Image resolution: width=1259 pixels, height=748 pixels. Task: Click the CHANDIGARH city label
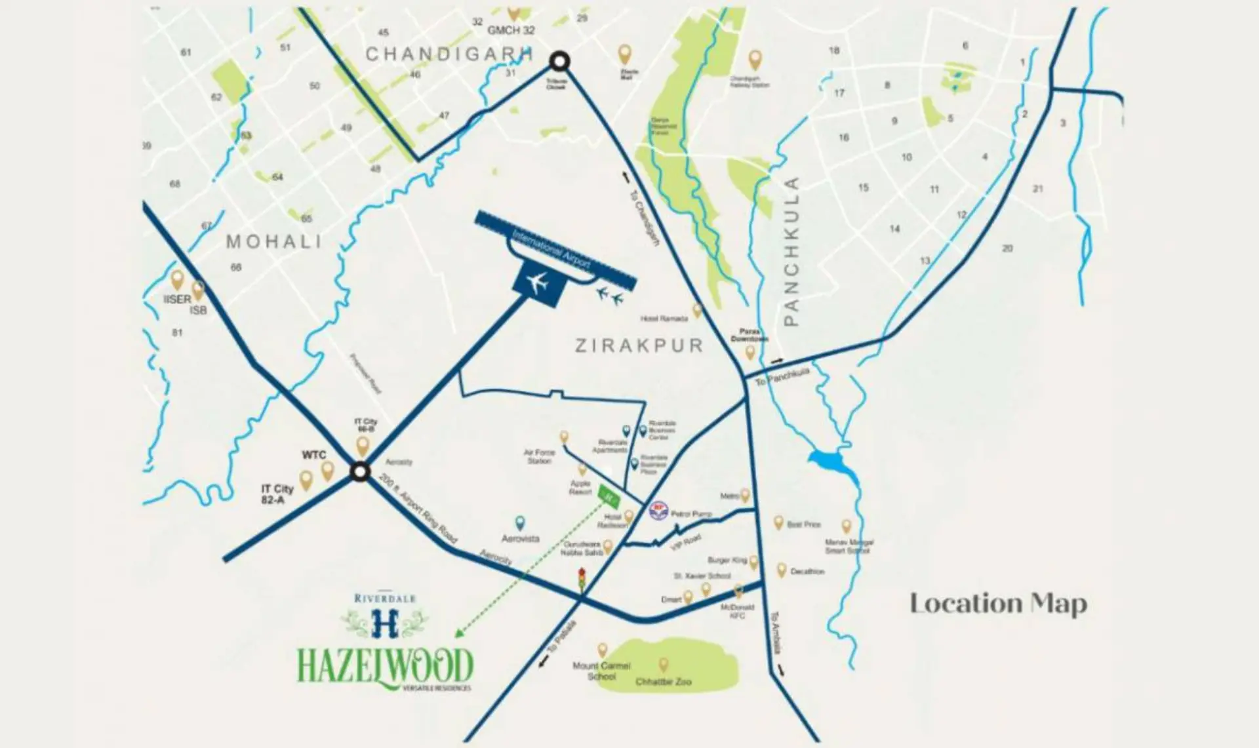coord(449,54)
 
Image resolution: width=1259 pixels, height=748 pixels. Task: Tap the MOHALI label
coord(274,241)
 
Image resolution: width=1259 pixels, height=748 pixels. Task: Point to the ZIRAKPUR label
coord(639,345)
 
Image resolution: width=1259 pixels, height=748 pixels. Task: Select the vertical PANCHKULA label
coord(792,252)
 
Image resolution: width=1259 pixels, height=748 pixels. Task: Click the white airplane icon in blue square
coord(538,283)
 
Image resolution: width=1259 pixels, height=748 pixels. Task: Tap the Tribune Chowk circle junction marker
coord(559,62)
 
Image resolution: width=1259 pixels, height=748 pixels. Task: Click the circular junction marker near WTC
coord(359,472)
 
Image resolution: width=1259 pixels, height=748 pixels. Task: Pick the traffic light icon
coord(581,580)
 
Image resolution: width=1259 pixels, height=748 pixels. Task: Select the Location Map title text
coord(998,604)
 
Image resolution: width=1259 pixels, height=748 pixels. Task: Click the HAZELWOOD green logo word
coord(385,665)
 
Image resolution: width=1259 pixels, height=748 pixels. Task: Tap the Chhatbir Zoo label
coord(663,682)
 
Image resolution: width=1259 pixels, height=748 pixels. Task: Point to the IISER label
coord(177,300)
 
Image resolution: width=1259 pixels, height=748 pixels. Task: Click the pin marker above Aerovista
coord(520,522)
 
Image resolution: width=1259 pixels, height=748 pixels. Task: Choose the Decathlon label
coord(807,572)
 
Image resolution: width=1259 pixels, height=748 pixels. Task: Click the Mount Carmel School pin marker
coord(602,650)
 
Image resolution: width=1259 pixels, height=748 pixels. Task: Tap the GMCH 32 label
coord(511,30)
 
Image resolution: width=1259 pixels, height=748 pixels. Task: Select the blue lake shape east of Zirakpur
coord(833,465)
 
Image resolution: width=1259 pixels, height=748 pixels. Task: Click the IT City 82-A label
coord(277,494)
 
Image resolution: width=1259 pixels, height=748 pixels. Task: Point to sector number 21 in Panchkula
coord(1037,189)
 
